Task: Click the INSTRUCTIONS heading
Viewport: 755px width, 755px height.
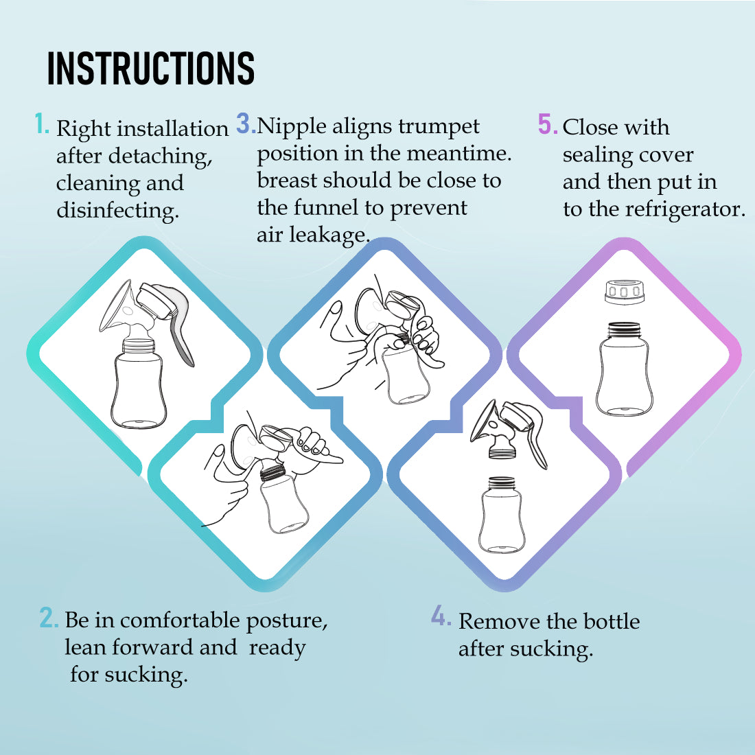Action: tap(151, 69)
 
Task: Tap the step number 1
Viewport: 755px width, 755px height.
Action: tap(43, 124)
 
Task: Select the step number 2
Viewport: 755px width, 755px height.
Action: tap(49, 617)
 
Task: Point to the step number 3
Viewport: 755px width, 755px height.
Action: tap(246, 123)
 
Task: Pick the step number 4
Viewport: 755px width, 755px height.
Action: tap(441, 616)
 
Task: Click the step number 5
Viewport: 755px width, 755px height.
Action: tap(548, 124)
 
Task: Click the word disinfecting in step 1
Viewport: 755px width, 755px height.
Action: tap(117, 211)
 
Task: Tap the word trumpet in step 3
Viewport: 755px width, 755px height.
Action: tap(439, 127)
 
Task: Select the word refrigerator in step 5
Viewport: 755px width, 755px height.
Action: tap(685, 209)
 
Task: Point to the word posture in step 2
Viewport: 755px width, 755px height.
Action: tap(286, 620)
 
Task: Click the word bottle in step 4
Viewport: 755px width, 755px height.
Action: tap(612, 621)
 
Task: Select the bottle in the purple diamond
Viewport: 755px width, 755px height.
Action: tap(625, 369)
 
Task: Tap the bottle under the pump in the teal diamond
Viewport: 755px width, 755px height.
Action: tap(139, 383)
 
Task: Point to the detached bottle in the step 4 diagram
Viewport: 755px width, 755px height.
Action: tap(502, 515)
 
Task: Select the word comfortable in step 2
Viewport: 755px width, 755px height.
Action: tap(180, 620)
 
